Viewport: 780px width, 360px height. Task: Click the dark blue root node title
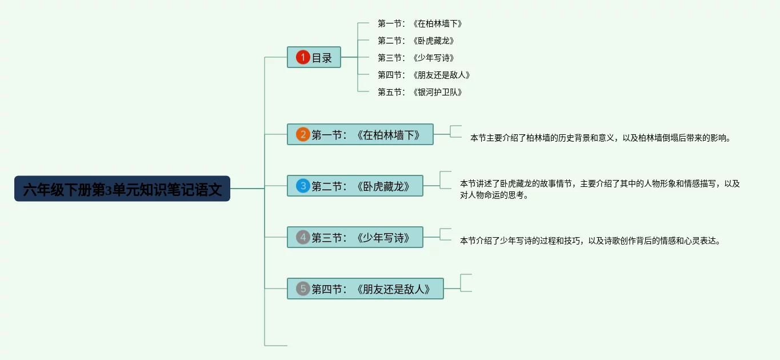pos(122,189)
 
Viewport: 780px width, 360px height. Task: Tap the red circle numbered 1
pos(303,57)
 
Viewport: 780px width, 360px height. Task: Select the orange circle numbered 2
pos(303,134)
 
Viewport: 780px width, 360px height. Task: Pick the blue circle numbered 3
pos(303,186)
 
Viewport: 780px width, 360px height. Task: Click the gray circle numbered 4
pos(303,237)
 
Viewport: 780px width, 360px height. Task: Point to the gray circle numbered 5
pos(303,289)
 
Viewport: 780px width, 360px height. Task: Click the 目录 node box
pos(314,57)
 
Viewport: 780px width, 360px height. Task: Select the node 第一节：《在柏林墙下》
pos(360,134)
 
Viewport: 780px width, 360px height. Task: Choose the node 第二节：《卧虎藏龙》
pos(355,186)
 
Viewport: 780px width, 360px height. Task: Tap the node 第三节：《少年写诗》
pos(355,237)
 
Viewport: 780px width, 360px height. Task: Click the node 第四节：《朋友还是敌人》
pos(365,289)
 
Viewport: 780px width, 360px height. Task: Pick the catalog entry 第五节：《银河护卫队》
pos(420,92)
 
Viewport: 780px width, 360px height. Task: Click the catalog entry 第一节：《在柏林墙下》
pos(420,23)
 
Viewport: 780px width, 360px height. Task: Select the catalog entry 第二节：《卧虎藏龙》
pos(416,41)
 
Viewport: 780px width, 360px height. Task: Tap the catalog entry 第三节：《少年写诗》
pos(416,58)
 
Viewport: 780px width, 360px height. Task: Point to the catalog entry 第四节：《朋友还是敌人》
pos(424,75)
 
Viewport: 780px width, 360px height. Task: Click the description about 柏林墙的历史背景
pos(600,138)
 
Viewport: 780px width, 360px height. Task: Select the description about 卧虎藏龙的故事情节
pos(599,189)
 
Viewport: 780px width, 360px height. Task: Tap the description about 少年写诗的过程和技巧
pos(590,241)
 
